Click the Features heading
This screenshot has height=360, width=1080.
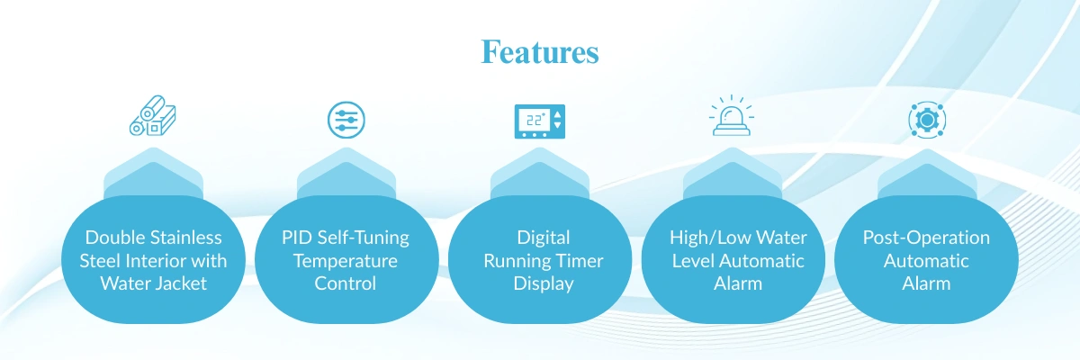pos(539,51)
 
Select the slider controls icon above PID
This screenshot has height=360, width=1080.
pos(346,120)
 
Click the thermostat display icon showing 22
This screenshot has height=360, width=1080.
pos(539,121)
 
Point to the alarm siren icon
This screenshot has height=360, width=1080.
pos(733,119)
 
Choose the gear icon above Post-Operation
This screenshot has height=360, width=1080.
pos(926,120)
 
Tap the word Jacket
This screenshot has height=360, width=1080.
pos(182,284)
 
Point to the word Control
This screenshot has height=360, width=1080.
pos(346,284)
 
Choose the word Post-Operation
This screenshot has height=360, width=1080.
pos(926,238)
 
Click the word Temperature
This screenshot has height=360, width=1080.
pos(346,261)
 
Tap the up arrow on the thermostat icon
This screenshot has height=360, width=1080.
pos(558,114)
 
